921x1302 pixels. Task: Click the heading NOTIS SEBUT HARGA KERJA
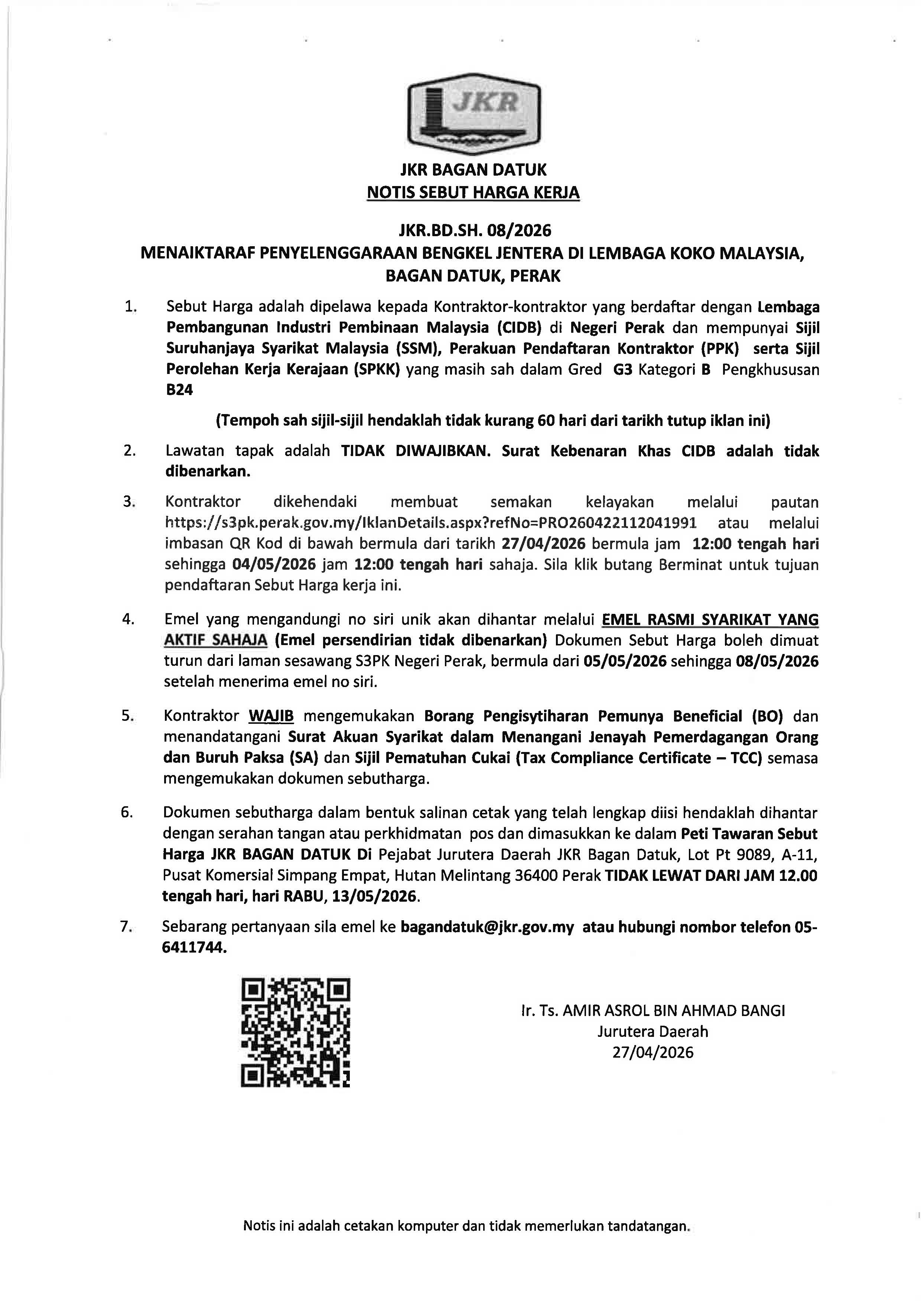[x=473, y=193]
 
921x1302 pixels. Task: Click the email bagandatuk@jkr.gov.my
[x=487, y=927]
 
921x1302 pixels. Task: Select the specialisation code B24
[x=179, y=391]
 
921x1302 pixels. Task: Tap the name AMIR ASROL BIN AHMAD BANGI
[x=674, y=1010]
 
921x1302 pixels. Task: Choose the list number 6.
[x=127, y=813]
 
